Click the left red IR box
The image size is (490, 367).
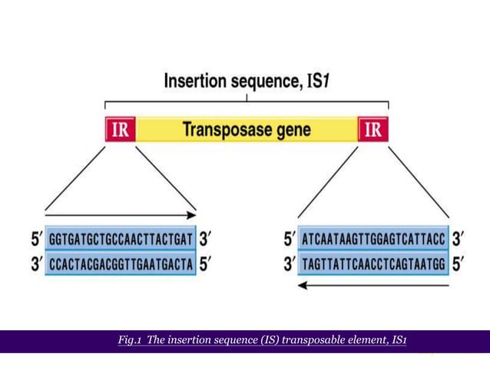pyautogui.click(x=120, y=129)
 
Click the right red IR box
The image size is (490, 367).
pyautogui.click(x=373, y=129)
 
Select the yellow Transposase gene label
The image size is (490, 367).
pyautogui.click(x=247, y=129)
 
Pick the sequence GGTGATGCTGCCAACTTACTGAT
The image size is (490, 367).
pyautogui.click(x=121, y=240)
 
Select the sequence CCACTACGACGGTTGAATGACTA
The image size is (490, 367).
pyautogui.click(x=121, y=264)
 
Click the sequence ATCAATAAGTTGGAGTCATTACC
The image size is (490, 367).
pyautogui.click(x=374, y=240)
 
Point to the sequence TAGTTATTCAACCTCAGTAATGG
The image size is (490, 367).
pyautogui.click(x=374, y=264)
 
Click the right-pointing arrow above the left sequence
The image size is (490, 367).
pyautogui.click(x=121, y=216)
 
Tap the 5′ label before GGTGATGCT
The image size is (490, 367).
pyautogui.click(x=35, y=240)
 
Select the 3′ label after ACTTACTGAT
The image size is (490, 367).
pyautogui.click(x=207, y=240)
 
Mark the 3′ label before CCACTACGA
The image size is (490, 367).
pyautogui.click(x=35, y=264)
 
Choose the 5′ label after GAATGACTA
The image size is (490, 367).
pyautogui.click(x=207, y=264)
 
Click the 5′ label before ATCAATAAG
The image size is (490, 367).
pyautogui.click(x=289, y=240)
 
